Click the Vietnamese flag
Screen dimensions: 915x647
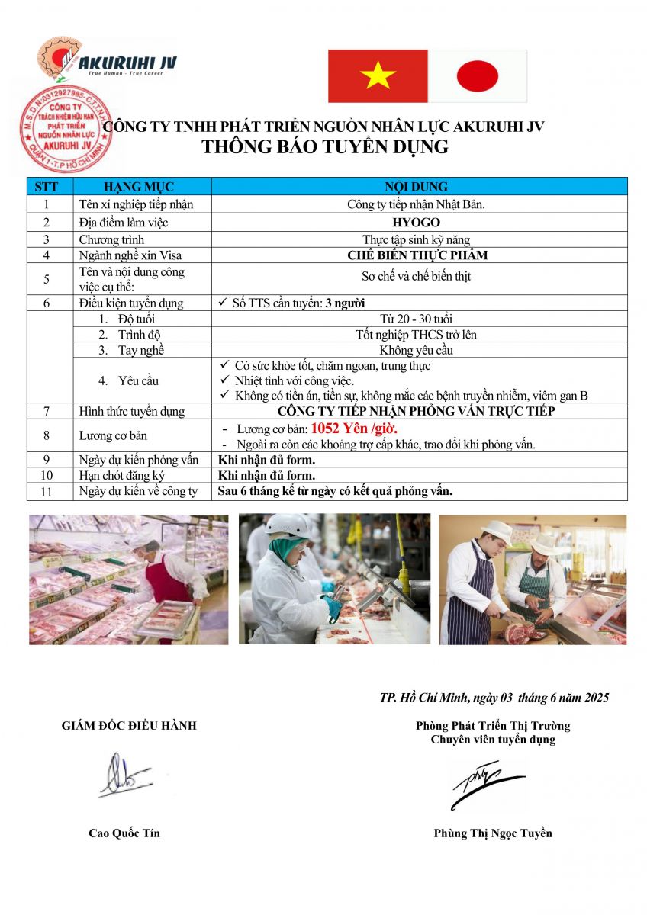[x=378, y=75]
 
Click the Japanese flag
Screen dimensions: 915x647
[x=478, y=75]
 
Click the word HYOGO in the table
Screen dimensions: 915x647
[x=416, y=223]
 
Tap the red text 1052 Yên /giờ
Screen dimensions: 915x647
[x=353, y=429]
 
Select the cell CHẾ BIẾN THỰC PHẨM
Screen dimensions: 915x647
[x=417, y=255]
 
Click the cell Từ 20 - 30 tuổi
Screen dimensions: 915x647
[x=416, y=319]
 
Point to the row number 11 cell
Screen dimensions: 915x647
[x=47, y=492]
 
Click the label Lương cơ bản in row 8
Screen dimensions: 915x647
[x=114, y=435]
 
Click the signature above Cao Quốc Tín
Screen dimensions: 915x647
[x=124, y=775]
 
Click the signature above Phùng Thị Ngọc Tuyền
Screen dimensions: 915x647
[x=485, y=784]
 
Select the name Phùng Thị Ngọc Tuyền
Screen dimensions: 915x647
[x=492, y=833]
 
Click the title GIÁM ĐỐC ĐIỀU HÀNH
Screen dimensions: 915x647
[x=129, y=726]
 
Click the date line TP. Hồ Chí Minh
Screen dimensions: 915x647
[x=494, y=698]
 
